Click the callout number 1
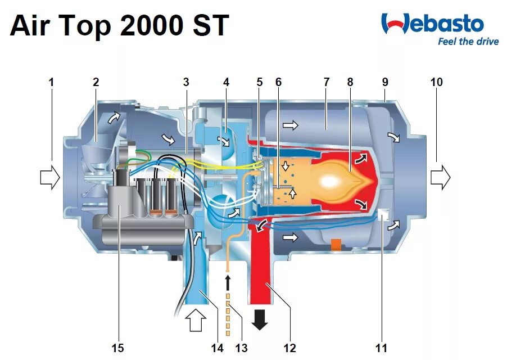pyautogui.click(x=51, y=82)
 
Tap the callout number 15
pyautogui.click(x=117, y=348)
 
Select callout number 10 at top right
pyautogui.click(x=436, y=82)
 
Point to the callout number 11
pyautogui.click(x=381, y=348)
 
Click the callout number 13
pyautogui.click(x=241, y=348)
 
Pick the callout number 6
pyautogui.click(x=278, y=82)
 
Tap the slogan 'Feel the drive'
pyautogui.click(x=468, y=42)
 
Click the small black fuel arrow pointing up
pyautogui.click(x=228, y=281)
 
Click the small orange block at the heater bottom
pyautogui.click(x=336, y=245)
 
